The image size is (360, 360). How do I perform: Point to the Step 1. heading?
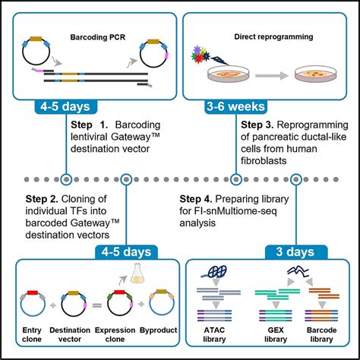(x=87, y=124)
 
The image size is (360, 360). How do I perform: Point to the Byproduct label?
(x=160, y=333)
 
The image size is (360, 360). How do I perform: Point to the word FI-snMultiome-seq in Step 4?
(x=238, y=212)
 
